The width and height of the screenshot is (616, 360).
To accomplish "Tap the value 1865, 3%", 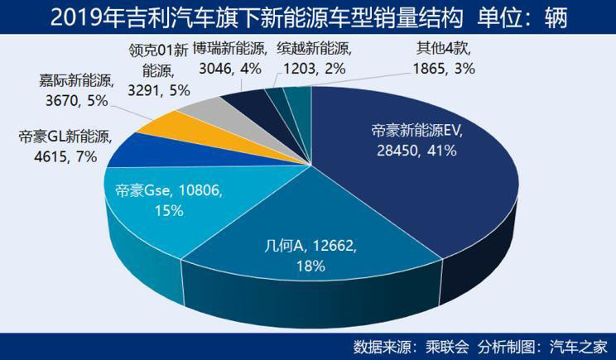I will pyautogui.click(x=444, y=70).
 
